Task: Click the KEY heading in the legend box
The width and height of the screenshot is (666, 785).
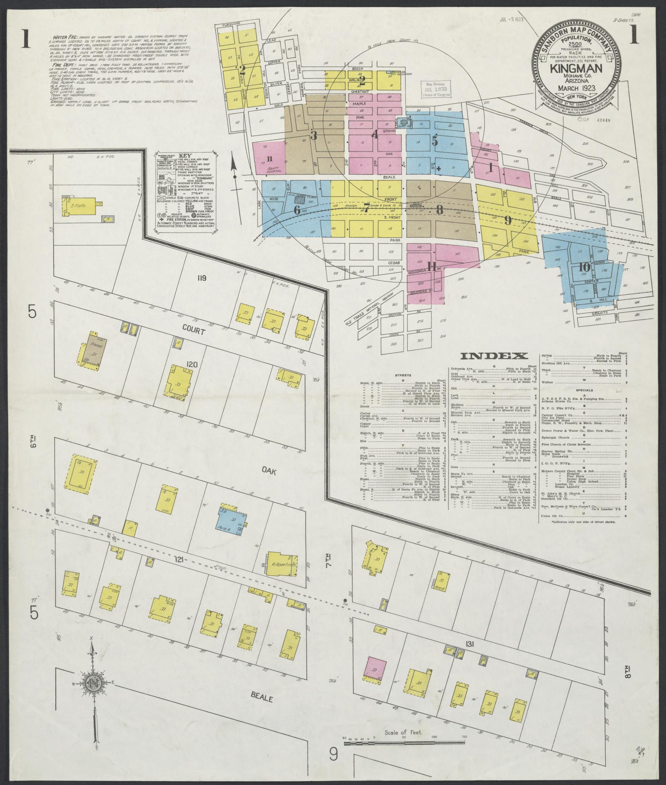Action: [185, 156]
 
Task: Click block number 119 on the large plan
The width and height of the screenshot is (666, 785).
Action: [202, 278]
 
